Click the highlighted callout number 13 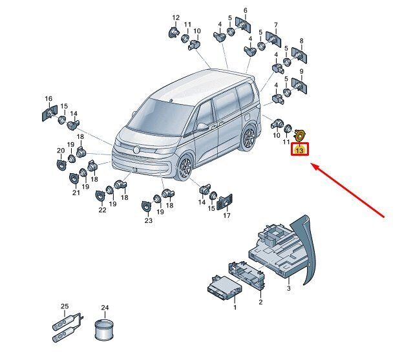click(x=299, y=151)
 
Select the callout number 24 click(x=105, y=308)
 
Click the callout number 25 click(x=65, y=306)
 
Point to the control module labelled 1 click(x=224, y=288)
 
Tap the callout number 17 click(x=227, y=215)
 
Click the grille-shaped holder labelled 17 click(x=224, y=202)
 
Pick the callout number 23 click(x=149, y=220)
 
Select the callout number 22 click(x=103, y=210)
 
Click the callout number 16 click(x=48, y=98)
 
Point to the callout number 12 click(x=176, y=17)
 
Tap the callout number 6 click(x=246, y=10)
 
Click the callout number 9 click(x=301, y=71)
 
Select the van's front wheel click(x=185, y=167)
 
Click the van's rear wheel click(x=248, y=138)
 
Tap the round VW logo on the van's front click(x=136, y=150)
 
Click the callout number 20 click(x=61, y=151)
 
